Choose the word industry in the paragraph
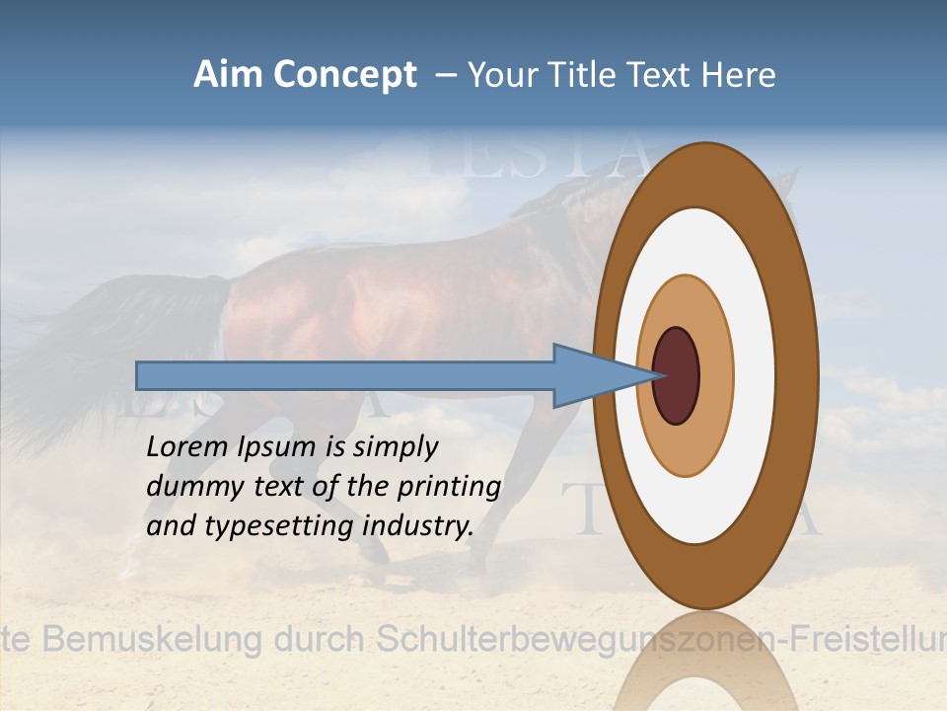(418, 526)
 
